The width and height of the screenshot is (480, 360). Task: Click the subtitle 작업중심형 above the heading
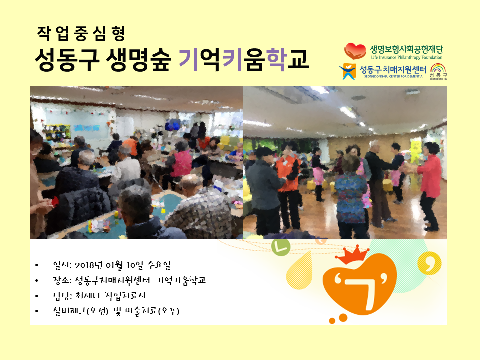(x=81, y=33)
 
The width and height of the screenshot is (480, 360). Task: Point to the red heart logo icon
(x=355, y=51)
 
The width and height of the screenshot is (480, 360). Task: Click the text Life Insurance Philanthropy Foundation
(x=407, y=57)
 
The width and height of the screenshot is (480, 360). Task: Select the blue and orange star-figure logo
(x=348, y=71)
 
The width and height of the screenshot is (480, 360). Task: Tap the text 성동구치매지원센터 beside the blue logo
(x=393, y=70)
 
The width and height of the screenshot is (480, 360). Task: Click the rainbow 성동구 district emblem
(x=438, y=71)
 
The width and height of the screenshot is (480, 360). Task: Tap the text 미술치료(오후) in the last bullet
(x=152, y=311)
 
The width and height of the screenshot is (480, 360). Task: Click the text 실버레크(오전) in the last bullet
(x=81, y=311)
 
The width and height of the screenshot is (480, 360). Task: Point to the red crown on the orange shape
(x=352, y=256)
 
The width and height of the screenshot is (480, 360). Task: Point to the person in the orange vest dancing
(x=288, y=186)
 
